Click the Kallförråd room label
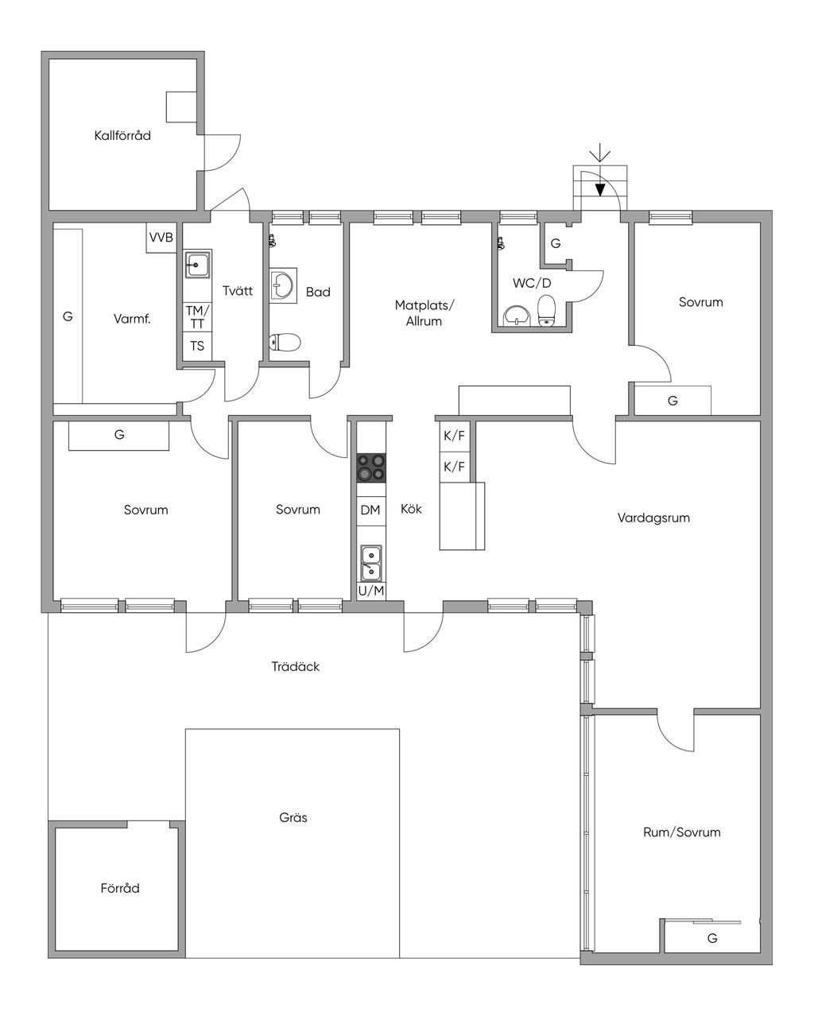point(122,135)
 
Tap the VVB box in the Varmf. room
point(161,238)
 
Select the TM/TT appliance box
point(197,317)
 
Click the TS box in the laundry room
point(197,346)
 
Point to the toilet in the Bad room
point(285,342)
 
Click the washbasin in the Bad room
point(283,285)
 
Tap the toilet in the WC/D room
point(547,310)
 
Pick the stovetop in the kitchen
point(370,468)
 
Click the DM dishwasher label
point(370,510)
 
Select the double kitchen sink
point(371,563)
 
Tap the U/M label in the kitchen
point(371,591)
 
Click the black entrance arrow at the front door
point(599,189)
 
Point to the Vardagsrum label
point(653,518)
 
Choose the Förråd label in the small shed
point(120,889)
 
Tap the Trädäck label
point(296,667)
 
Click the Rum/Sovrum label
point(682,832)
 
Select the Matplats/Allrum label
point(424,313)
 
